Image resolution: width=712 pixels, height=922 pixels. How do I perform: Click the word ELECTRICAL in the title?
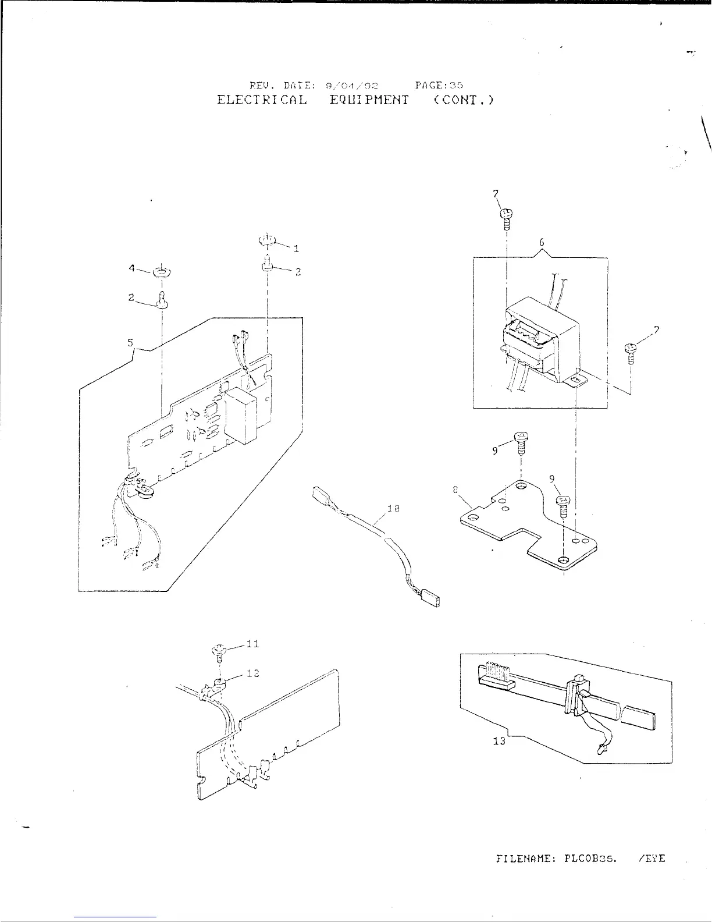pos(262,100)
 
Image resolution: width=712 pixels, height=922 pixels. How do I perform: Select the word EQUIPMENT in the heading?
pos(369,100)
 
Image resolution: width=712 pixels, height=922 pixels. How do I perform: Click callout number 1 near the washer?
pos(296,249)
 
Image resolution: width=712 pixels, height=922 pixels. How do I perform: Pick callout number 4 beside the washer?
pos(132,268)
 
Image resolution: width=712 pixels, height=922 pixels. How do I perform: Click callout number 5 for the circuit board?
pos(130,342)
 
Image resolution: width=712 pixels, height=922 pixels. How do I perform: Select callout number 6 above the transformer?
pos(541,242)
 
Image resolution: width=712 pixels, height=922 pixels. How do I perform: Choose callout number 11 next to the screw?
pos(252,644)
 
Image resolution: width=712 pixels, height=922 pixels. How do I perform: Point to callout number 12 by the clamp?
pos(252,673)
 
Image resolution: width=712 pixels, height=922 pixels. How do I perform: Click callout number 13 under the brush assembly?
pos(499,742)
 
